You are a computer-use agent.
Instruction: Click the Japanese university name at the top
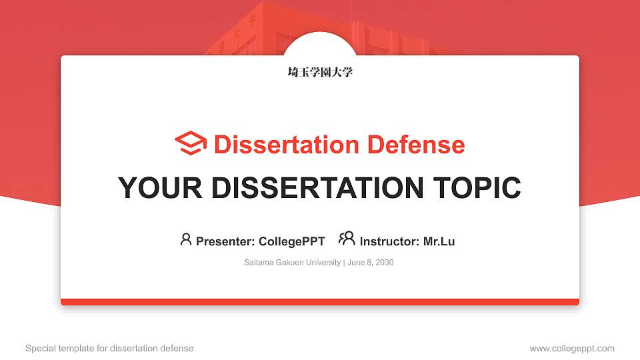point(320,72)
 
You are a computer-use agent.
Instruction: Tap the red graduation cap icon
point(191,144)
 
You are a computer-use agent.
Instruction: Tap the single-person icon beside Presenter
point(186,239)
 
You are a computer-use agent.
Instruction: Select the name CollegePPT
point(291,241)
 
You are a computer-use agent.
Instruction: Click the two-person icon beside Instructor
point(347,239)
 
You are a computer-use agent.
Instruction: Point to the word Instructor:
point(389,241)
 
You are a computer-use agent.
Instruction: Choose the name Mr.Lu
point(439,241)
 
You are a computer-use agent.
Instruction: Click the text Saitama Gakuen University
point(293,263)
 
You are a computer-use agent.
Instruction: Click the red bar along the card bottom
point(320,302)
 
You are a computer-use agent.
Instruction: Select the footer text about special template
point(109,348)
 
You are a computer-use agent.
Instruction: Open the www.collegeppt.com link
point(572,348)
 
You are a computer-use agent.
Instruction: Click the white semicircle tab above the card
point(320,44)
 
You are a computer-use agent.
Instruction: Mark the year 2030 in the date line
point(385,263)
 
